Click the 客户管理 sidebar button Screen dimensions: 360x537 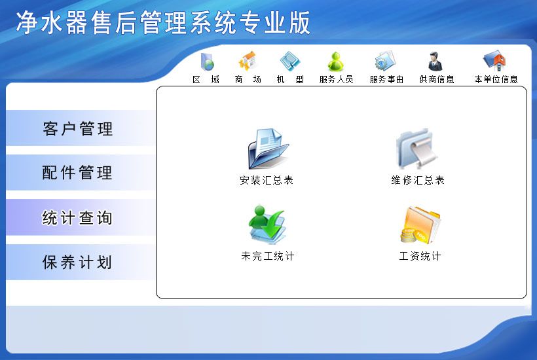tap(78, 129)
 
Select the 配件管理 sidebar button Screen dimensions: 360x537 tap(78, 173)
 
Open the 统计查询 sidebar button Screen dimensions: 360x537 tap(78, 218)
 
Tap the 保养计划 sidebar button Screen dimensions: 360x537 tap(78, 262)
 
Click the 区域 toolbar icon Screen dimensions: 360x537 tap(207, 62)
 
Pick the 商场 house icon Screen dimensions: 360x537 tap(248, 62)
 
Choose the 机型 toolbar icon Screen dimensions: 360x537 tap(289, 62)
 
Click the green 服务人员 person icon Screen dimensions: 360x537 tap(336, 62)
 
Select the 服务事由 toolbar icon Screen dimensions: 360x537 tap(385, 62)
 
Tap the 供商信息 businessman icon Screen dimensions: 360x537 tap(435, 62)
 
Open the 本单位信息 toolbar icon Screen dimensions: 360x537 tap(494, 62)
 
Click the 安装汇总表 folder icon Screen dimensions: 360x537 tap(267, 149)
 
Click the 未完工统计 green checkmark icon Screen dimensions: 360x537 tap(267, 225)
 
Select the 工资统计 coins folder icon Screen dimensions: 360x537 tap(420, 225)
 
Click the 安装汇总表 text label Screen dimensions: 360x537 tap(267, 180)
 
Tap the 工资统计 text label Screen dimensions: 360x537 tap(420, 256)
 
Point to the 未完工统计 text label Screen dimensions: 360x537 tap(267, 256)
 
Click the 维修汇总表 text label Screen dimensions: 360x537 tap(418, 180)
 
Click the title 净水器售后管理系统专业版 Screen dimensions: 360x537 tap(163, 23)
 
